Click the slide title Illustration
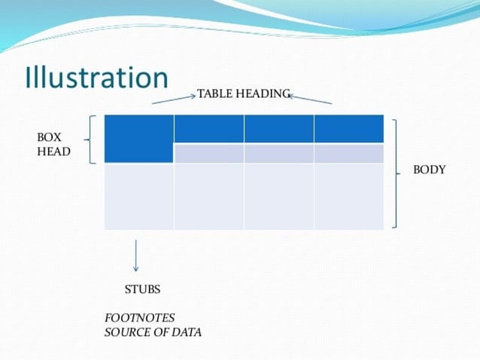(96, 78)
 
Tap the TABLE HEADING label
(243, 93)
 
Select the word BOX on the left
(49, 138)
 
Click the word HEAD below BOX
(53, 151)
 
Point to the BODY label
(429, 170)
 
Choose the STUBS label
(142, 289)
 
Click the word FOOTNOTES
(139, 319)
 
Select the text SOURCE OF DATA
(153, 332)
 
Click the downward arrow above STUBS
(135, 256)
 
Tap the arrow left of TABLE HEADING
(174, 99)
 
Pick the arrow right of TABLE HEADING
(310, 99)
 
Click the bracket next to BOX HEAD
(91, 139)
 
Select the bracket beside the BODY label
(396, 172)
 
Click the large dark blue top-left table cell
(139, 139)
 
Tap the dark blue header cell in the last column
(348, 129)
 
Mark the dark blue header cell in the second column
(208, 129)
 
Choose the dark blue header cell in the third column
(278, 129)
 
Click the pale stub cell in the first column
(139, 196)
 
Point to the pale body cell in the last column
(348, 196)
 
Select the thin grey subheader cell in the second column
(208, 154)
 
